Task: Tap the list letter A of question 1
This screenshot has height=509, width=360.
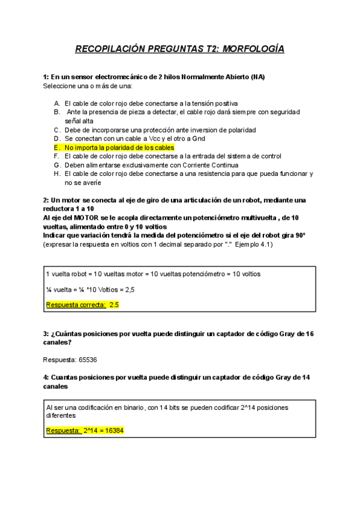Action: pos(56,103)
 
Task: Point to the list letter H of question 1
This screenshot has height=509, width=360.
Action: pos(56,173)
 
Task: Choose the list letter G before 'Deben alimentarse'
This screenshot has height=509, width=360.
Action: pos(56,164)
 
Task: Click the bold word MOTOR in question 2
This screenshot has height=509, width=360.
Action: pos(86,217)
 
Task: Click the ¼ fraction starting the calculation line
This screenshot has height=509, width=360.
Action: pos(49,289)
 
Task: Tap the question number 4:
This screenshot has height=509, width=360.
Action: pos(46,377)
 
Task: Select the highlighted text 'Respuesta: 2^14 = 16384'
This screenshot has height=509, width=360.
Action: pos(85,430)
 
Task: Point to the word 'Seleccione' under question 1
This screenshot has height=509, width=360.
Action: pos(59,86)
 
